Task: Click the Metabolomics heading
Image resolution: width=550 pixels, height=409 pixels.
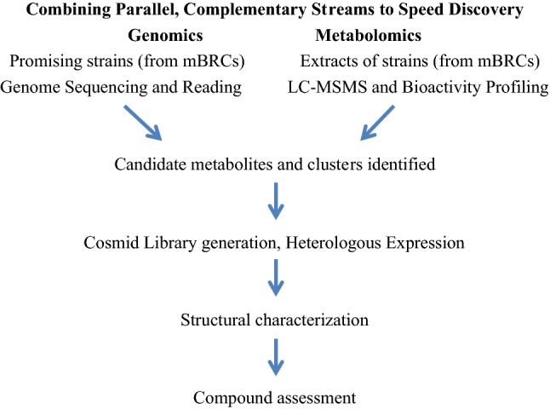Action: tap(367, 37)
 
